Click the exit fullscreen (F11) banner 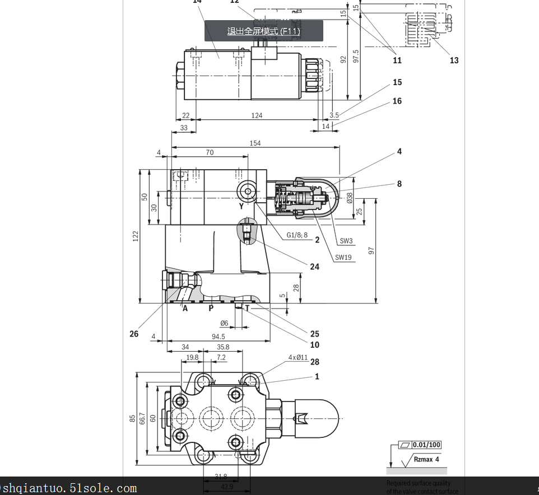pyautogui.click(x=263, y=31)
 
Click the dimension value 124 pyautogui.click(x=257, y=115)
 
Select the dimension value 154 pyautogui.click(x=255, y=143)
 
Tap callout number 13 pyautogui.click(x=454, y=60)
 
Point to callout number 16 pyautogui.click(x=397, y=101)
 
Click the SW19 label pyautogui.click(x=343, y=258)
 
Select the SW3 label pyautogui.click(x=346, y=241)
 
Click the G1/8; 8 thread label pyautogui.click(x=297, y=235)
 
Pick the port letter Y pyautogui.click(x=241, y=206)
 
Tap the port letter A pyautogui.click(x=185, y=308)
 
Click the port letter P pyautogui.click(x=211, y=308)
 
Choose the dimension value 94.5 pyautogui.click(x=218, y=337)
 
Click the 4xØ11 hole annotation pyautogui.click(x=298, y=357)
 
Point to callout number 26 pyautogui.click(x=134, y=334)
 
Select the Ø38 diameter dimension pyautogui.click(x=350, y=198)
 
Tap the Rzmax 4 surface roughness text pyautogui.click(x=426, y=459)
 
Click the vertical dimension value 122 pyautogui.click(x=136, y=236)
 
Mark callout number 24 pyautogui.click(x=315, y=267)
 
